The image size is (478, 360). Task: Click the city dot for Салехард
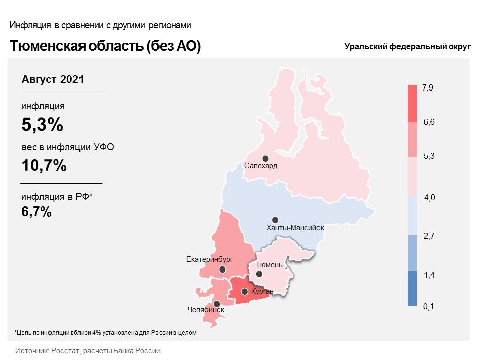pyautogui.click(x=265, y=159)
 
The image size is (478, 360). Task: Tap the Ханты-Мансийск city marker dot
pyautogui.click(x=275, y=220)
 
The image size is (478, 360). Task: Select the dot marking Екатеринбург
pyautogui.click(x=222, y=269)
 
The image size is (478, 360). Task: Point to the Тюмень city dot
pyautogui.click(x=259, y=274)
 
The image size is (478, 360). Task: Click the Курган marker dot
pyautogui.click(x=244, y=292)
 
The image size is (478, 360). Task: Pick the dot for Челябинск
pyautogui.click(x=217, y=304)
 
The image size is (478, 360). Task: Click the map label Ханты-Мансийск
pyautogui.click(x=295, y=228)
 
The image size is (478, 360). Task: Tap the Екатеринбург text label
pyautogui.click(x=209, y=259)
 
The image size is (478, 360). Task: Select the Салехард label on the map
pyautogui.click(x=261, y=166)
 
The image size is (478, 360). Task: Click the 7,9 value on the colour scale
pyautogui.click(x=427, y=88)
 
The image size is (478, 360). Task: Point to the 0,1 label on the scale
pyautogui.click(x=428, y=306)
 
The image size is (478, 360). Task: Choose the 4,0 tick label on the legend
pyautogui.click(x=429, y=198)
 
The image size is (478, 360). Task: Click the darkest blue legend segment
pyautogui.click(x=412, y=289)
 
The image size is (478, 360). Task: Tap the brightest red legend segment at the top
pyautogui.click(x=412, y=104)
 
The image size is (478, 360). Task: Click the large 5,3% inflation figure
pyautogui.click(x=42, y=125)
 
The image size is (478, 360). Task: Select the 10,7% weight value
pyautogui.click(x=44, y=166)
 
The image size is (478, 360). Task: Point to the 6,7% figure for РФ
pyautogui.click(x=36, y=212)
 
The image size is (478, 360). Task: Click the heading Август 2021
pyautogui.click(x=52, y=79)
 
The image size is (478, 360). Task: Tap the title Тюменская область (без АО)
pyautogui.click(x=105, y=46)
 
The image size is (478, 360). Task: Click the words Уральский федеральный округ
pyautogui.click(x=408, y=47)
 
